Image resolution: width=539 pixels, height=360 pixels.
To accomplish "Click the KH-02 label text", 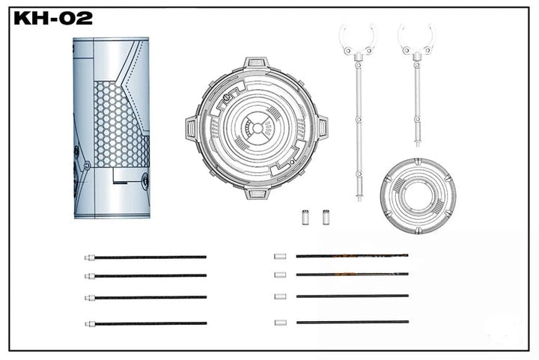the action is pos(53,18).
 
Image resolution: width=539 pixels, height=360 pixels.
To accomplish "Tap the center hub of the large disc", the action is pos(257,129).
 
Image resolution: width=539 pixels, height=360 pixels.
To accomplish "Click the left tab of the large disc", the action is pos(192,129).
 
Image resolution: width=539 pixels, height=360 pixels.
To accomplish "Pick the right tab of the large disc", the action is pos(322,128).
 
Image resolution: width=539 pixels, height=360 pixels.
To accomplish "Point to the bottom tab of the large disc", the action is pos(257,192).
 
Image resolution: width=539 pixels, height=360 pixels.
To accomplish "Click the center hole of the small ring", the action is pos(417,196).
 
